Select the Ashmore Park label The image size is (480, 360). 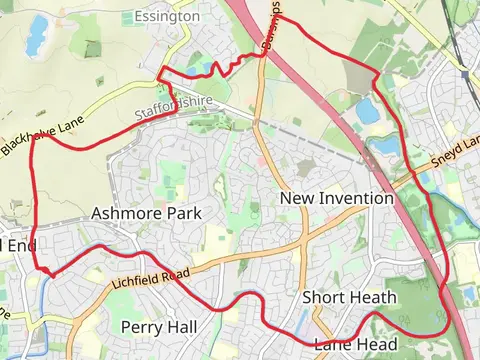tap(146, 213)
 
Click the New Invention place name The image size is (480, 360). tap(336, 198)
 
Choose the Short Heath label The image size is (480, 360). tap(349, 297)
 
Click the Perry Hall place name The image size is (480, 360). tap(157, 327)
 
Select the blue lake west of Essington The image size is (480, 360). tap(37, 34)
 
